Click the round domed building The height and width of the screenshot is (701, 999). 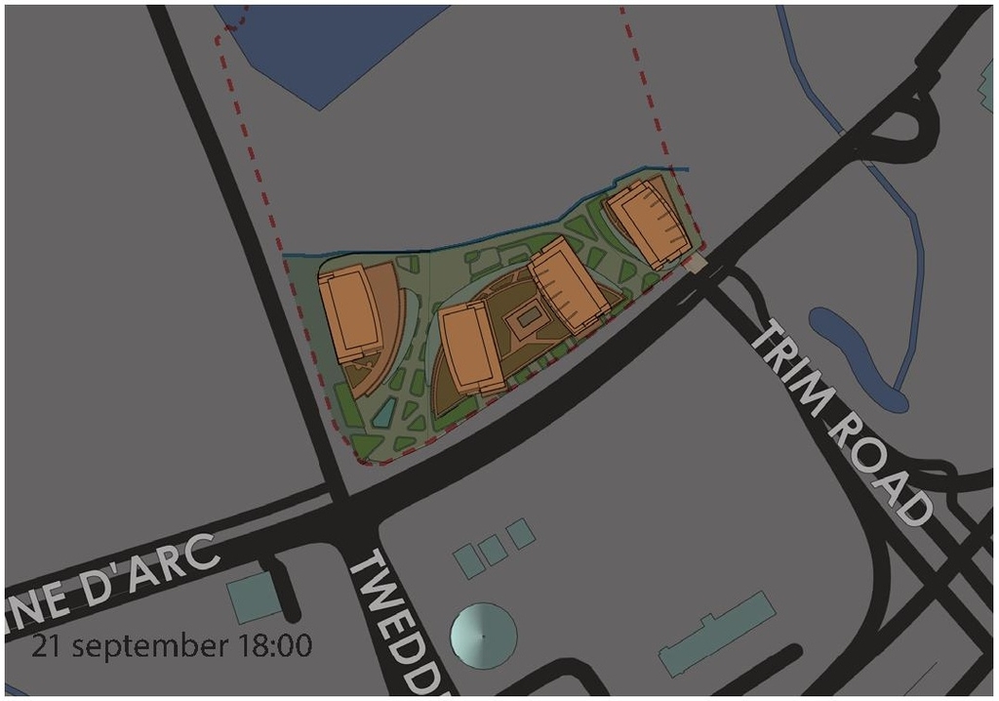(x=483, y=636)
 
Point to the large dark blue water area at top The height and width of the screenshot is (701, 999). (x=312, y=44)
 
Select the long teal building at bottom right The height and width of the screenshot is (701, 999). (x=717, y=634)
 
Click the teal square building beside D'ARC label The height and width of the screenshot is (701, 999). (x=255, y=597)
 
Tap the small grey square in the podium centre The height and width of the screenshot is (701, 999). (x=528, y=316)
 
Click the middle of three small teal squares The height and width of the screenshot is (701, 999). (x=493, y=549)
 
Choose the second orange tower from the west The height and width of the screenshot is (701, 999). (x=472, y=346)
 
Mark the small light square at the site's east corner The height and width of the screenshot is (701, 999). (x=697, y=264)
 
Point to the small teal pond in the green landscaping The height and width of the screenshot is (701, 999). (x=384, y=414)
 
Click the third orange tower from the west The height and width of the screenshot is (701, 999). (x=570, y=284)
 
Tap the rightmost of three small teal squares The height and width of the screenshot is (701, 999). (x=521, y=533)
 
